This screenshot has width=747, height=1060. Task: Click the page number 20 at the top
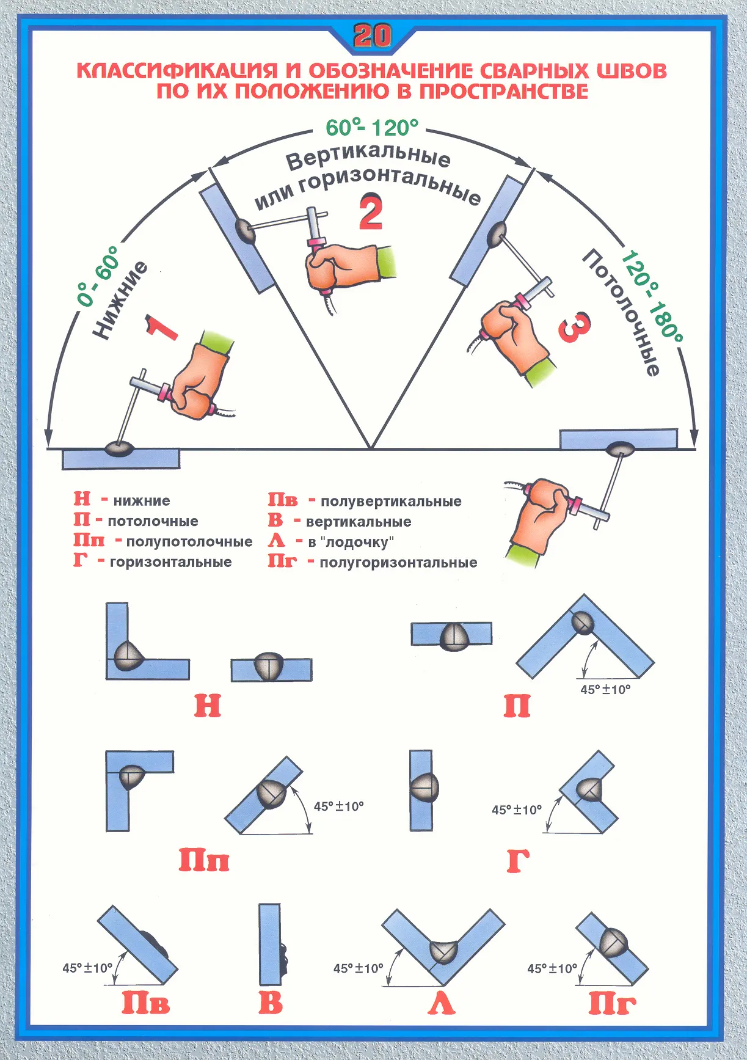pyautogui.click(x=372, y=37)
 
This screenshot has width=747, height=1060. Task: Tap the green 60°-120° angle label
pyautogui.click(x=372, y=127)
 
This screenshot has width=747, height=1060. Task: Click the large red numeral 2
pyautogui.click(x=371, y=212)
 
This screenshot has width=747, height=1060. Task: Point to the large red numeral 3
pyautogui.click(x=575, y=327)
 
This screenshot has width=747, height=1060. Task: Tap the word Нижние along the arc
pyautogui.click(x=120, y=299)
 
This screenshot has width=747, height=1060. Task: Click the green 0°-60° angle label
pyautogui.click(x=97, y=276)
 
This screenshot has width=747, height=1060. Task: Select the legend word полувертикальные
pyautogui.click(x=391, y=502)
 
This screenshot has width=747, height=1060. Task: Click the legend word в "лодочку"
pyautogui.click(x=351, y=542)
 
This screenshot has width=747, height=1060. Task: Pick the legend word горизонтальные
pyautogui.click(x=171, y=562)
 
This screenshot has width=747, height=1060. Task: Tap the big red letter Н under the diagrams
pyautogui.click(x=208, y=706)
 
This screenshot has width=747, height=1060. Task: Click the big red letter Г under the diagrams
pyautogui.click(x=517, y=861)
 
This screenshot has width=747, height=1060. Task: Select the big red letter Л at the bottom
pyautogui.click(x=442, y=1004)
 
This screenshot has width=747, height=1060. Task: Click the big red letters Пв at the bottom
pyautogui.click(x=145, y=1004)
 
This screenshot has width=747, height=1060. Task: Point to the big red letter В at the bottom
pyautogui.click(x=271, y=1004)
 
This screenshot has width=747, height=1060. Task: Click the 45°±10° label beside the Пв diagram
pyautogui.click(x=87, y=968)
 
